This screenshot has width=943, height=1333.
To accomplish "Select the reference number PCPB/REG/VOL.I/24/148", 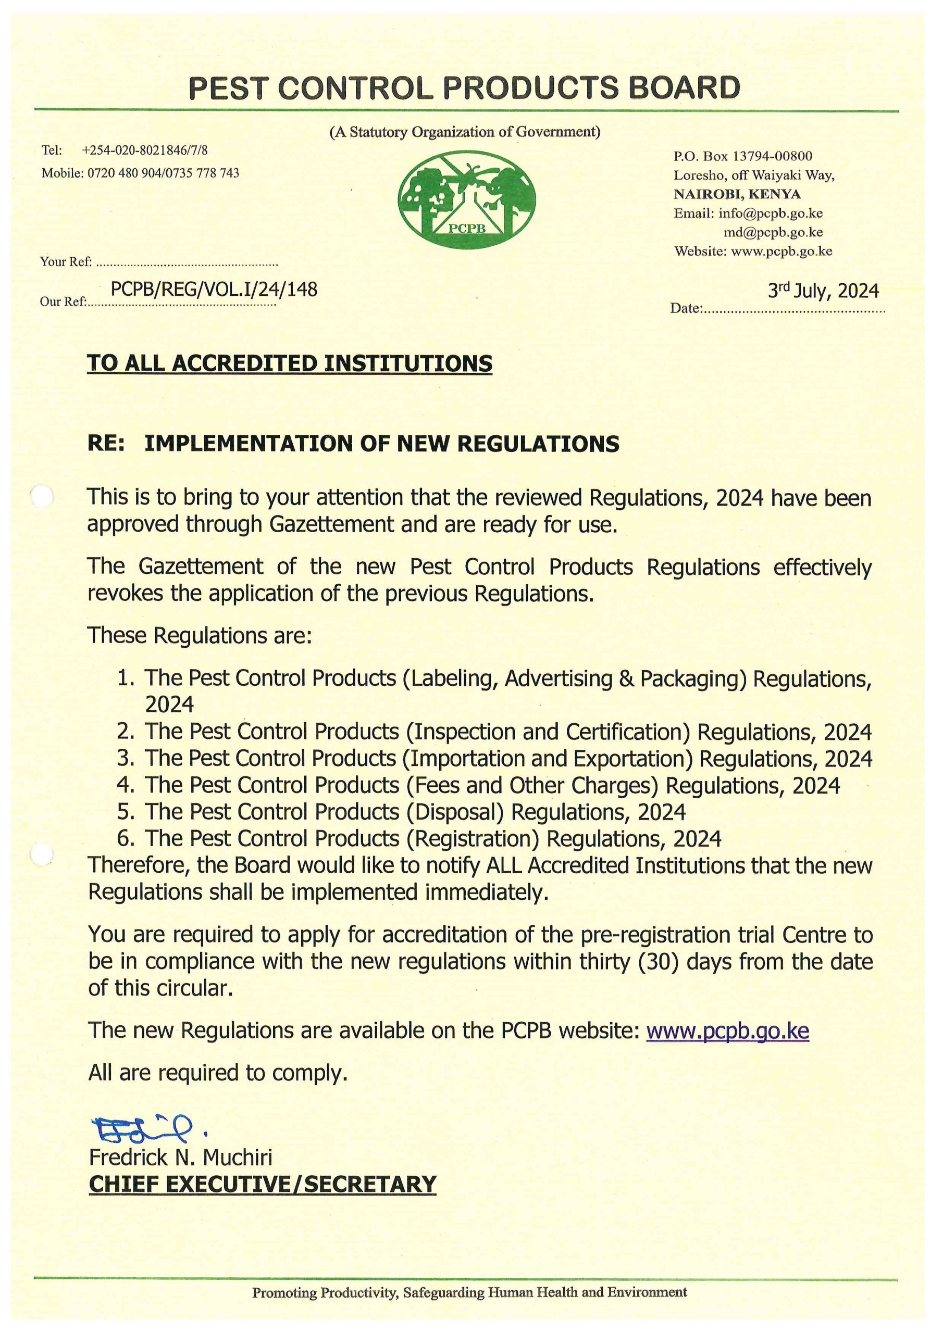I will point(214,289).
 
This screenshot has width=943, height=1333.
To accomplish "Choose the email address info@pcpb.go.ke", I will point(770,213).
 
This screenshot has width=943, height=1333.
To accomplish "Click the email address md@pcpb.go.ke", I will point(772,232).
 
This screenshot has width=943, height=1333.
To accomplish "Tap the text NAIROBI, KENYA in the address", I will point(737,194).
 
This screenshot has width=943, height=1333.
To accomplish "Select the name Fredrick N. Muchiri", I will point(180,1157).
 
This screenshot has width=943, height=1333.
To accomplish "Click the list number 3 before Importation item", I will point(126,758).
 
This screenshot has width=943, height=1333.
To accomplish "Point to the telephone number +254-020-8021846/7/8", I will point(145,150).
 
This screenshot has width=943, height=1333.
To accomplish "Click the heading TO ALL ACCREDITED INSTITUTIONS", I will point(289,363).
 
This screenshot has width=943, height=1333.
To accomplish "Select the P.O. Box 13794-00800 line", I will point(742,156).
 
